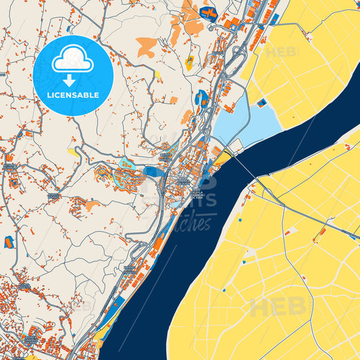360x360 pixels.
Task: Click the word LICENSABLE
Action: [x=73, y=95]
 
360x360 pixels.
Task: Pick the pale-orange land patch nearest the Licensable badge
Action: [x=147, y=46]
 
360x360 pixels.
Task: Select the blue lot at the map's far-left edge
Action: [x=9, y=242]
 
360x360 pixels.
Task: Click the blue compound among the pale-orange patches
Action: [x=208, y=13]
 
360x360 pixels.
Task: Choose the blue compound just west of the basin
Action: [x=202, y=99]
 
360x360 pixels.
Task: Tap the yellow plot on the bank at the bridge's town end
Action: [x=222, y=159]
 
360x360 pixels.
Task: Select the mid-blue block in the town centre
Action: [x=153, y=172]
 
